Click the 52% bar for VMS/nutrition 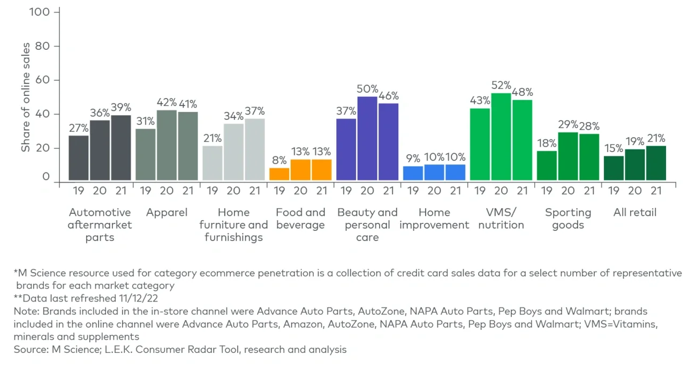pyautogui.click(x=501, y=137)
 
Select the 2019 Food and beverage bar pyautogui.click(x=279, y=174)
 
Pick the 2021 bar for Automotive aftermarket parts pyautogui.click(x=121, y=148)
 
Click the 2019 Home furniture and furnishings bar pyautogui.click(x=212, y=163)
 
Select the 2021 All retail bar pyautogui.click(x=656, y=163)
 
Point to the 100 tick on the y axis pyautogui.click(x=43, y=11)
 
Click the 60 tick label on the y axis pyautogui.click(x=43, y=80)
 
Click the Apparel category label pyautogui.click(x=167, y=213)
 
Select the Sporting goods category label pyautogui.click(x=568, y=219)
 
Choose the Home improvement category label pyautogui.click(x=434, y=219)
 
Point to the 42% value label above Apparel pyautogui.click(x=167, y=102)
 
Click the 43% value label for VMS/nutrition pyautogui.click(x=480, y=100)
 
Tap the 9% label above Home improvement pyautogui.click(x=413, y=158)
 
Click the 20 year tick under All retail pyautogui.click(x=635, y=191)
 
